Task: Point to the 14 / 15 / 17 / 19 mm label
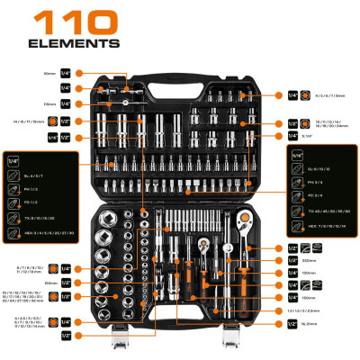coord(34,120)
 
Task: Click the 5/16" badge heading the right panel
coord(298,154)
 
